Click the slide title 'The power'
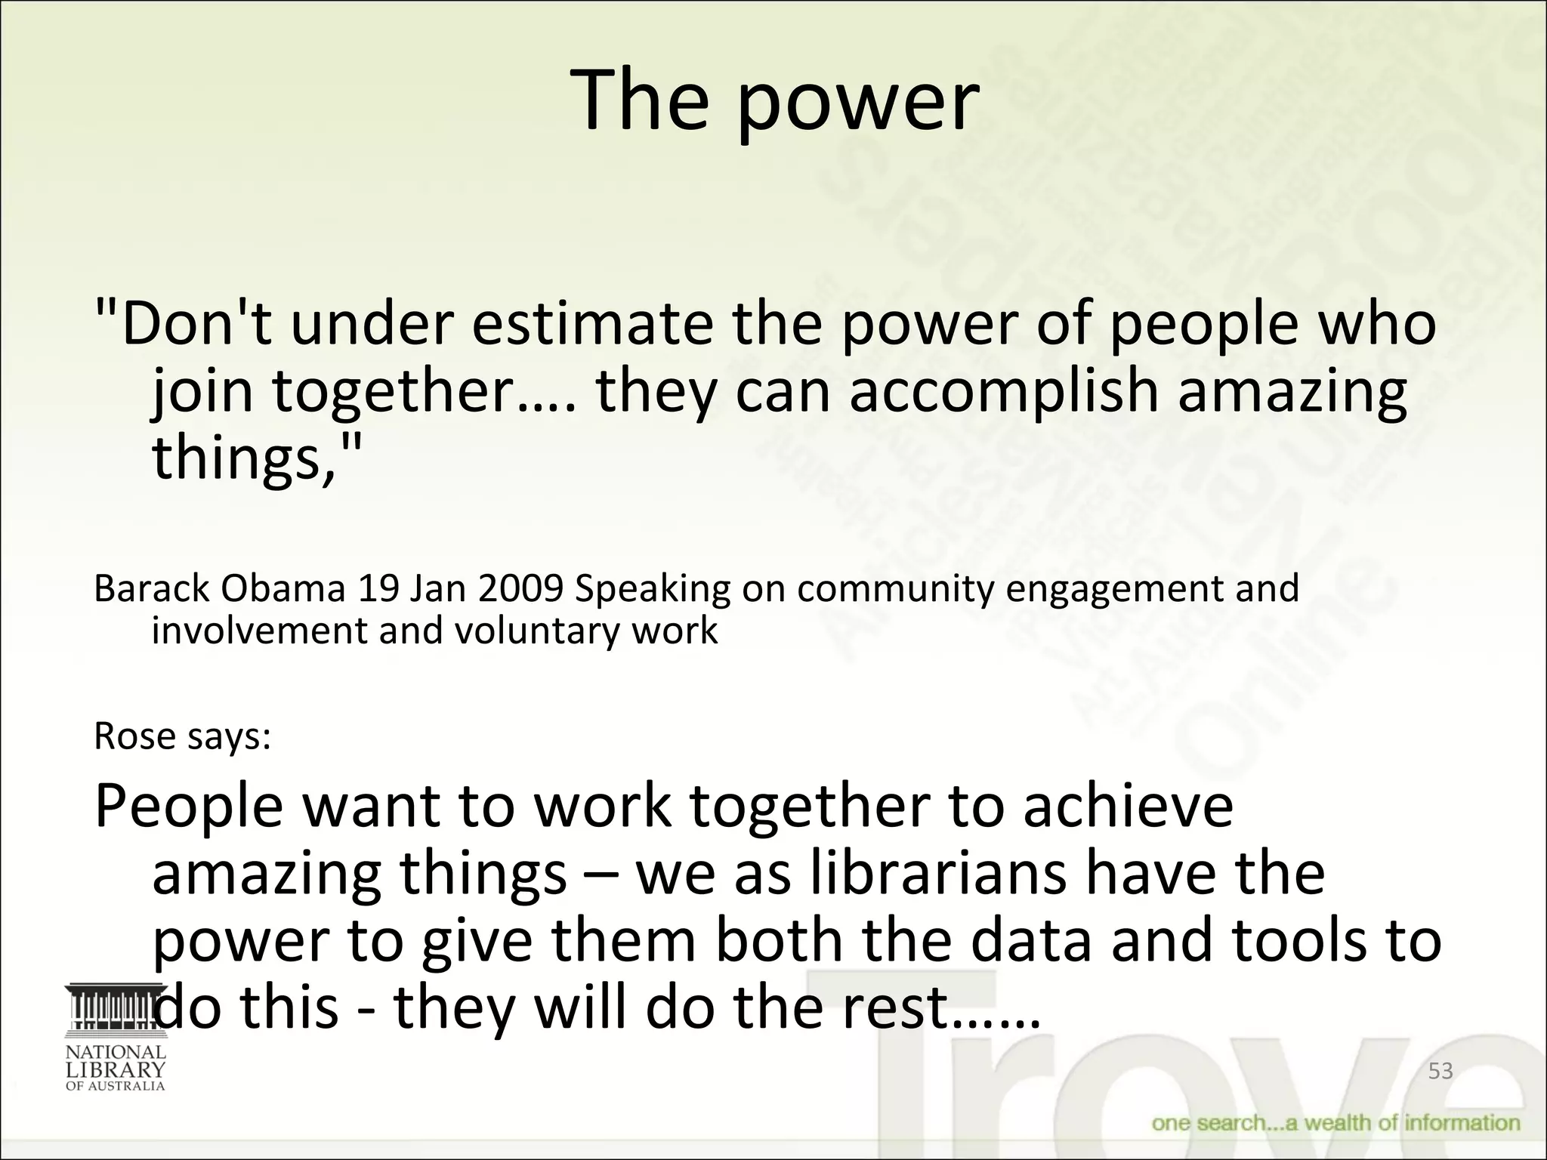[775, 101]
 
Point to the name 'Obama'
[283, 589]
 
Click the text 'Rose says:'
[182, 736]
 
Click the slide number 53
[1440, 1071]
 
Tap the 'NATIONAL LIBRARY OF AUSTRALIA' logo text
[115, 1068]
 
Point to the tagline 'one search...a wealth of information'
[1335, 1123]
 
